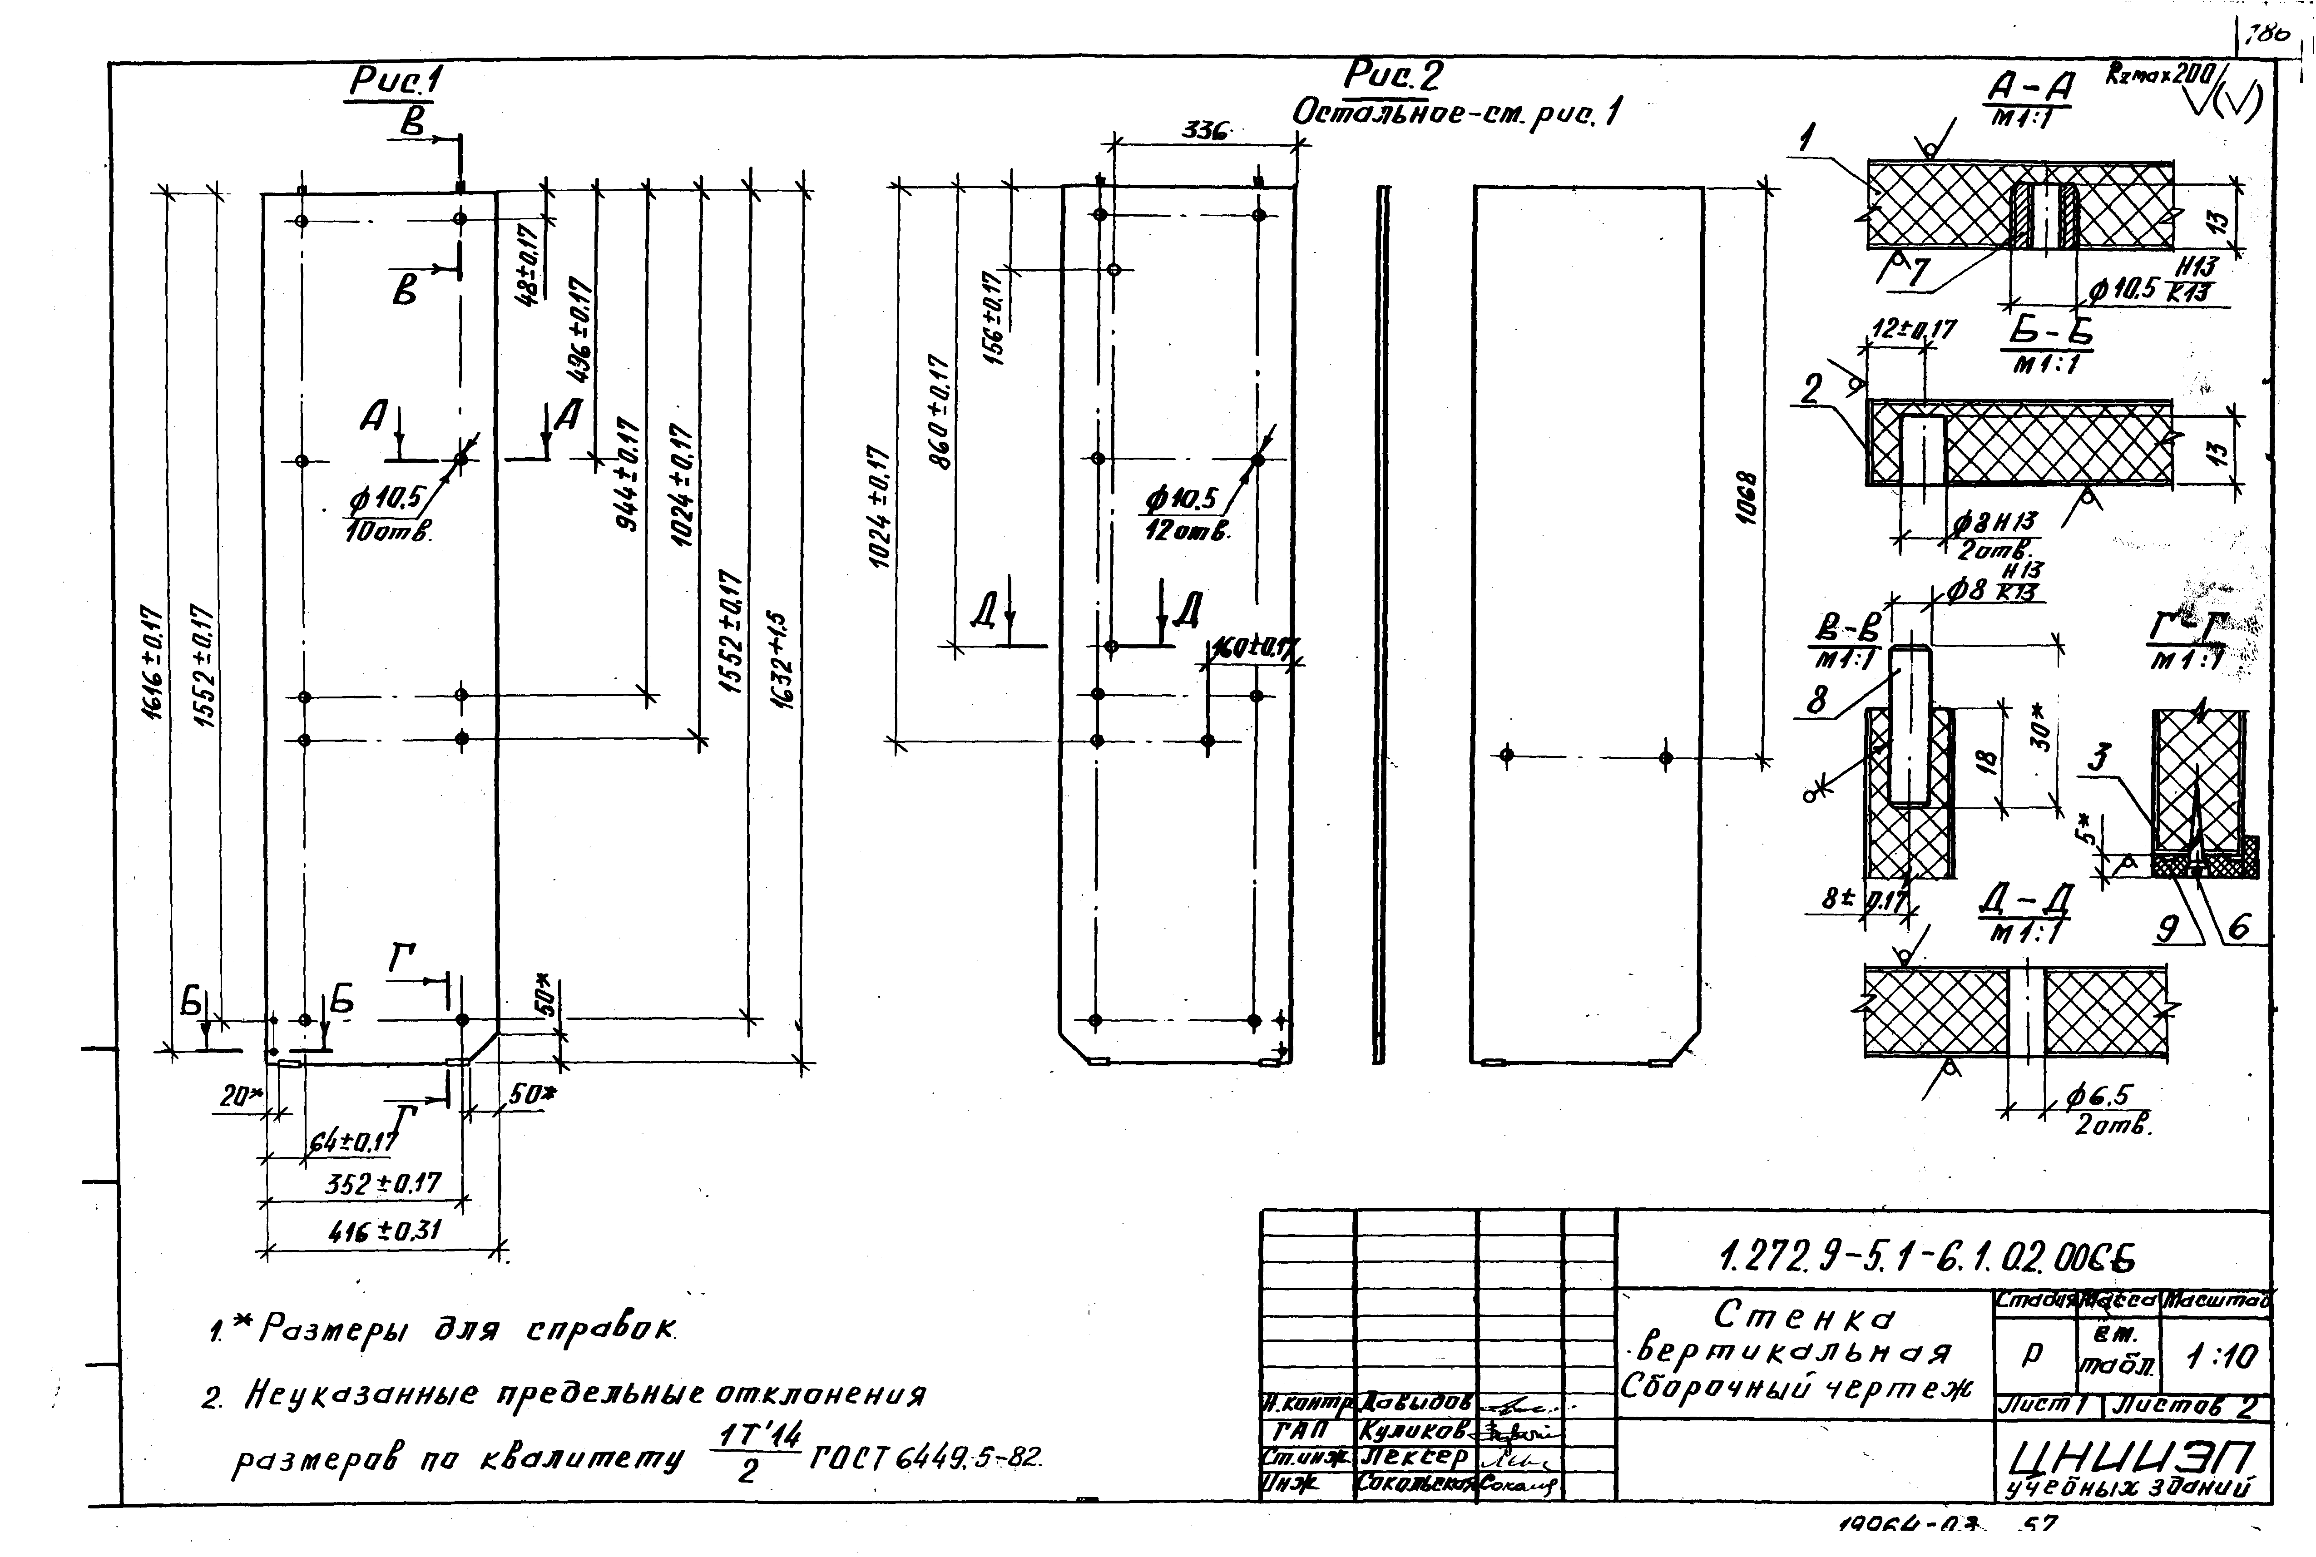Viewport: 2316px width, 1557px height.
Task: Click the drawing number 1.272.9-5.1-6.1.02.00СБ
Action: coord(1927,1258)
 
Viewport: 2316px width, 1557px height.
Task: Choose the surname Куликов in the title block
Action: coord(1415,1431)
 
